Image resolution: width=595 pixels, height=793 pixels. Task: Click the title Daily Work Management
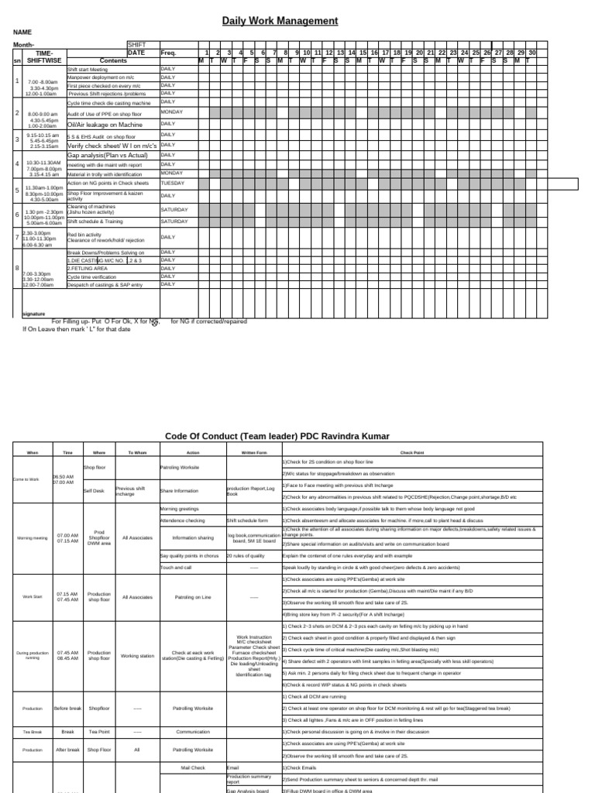point(280,21)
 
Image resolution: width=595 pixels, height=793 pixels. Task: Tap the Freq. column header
point(168,53)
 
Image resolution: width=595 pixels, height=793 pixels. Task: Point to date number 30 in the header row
point(531,53)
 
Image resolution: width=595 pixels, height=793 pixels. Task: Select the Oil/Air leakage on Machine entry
point(105,124)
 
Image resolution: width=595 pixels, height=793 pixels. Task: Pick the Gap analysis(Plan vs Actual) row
point(107,155)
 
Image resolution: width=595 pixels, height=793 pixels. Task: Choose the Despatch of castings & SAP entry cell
point(105,285)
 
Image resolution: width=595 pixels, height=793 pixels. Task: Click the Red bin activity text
point(84,234)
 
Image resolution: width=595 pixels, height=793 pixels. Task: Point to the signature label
point(33,314)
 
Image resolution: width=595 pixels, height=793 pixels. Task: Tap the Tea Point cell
point(99,731)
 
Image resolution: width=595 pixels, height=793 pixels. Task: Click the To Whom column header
point(136,452)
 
